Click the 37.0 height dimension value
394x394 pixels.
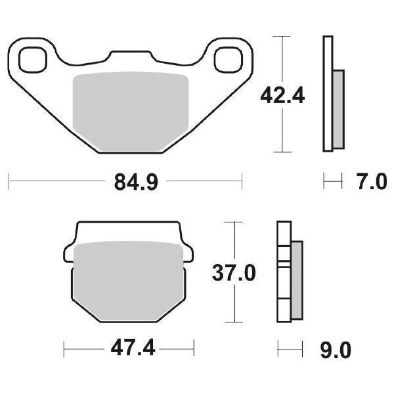click(x=232, y=271)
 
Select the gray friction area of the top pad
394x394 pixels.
click(x=130, y=112)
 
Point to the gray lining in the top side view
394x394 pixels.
click(x=338, y=108)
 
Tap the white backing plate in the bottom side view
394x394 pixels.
click(x=283, y=273)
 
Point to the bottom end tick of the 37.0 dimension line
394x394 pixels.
click(x=230, y=322)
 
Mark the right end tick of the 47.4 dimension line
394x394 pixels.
click(x=194, y=348)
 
